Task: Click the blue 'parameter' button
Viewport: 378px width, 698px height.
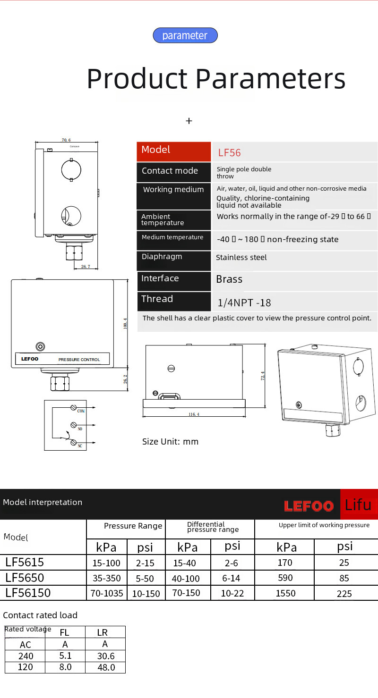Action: [185, 35]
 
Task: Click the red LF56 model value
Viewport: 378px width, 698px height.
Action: [229, 153]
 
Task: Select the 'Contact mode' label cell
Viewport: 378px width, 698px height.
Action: [170, 171]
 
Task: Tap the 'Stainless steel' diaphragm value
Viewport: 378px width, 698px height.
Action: [241, 258]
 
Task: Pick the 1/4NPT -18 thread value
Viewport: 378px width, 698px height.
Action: [244, 303]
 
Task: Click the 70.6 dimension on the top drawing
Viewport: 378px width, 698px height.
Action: [66, 140]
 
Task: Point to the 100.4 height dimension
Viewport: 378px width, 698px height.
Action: [126, 323]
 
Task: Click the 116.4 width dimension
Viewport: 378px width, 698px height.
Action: [194, 414]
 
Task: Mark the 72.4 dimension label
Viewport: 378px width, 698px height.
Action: [263, 376]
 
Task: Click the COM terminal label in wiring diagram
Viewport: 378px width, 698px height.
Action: [81, 412]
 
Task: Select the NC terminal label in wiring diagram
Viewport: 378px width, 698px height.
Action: [80, 446]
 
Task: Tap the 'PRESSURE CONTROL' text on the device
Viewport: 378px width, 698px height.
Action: [79, 360]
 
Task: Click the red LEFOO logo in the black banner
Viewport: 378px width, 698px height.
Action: [309, 506]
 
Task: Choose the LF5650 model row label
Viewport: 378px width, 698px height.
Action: [25, 578]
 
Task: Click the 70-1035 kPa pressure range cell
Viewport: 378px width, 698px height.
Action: [107, 593]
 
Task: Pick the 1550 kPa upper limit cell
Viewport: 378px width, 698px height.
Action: [285, 593]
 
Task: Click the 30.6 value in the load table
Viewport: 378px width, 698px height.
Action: [105, 656]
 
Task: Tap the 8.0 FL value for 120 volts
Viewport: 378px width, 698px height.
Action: [65, 667]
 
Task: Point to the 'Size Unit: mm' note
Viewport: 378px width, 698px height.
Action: [170, 442]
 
